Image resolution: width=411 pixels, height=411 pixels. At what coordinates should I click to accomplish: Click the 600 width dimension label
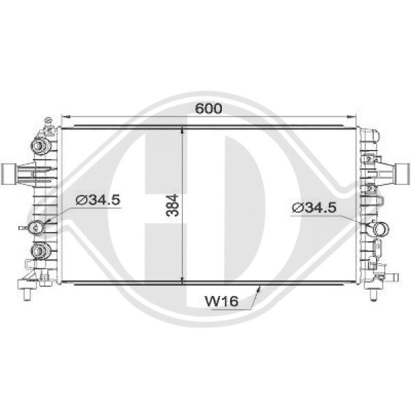click(209, 108)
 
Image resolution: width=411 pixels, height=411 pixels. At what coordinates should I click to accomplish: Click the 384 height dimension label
click(173, 206)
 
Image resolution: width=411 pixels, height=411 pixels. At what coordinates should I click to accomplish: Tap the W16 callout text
click(222, 301)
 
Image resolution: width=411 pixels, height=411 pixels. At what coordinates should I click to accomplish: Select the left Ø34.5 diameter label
click(98, 200)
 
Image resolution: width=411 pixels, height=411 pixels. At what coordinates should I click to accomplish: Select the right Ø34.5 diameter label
click(314, 208)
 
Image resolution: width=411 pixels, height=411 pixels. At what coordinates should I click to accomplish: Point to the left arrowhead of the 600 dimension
click(65, 116)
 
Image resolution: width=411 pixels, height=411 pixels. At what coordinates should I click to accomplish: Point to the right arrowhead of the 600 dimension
click(351, 116)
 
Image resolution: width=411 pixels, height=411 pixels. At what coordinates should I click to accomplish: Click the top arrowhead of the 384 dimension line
click(182, 131)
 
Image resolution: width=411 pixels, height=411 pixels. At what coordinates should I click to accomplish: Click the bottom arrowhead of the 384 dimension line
click(182, 280)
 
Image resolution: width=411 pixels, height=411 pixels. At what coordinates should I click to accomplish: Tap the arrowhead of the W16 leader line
click(259, 289)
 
